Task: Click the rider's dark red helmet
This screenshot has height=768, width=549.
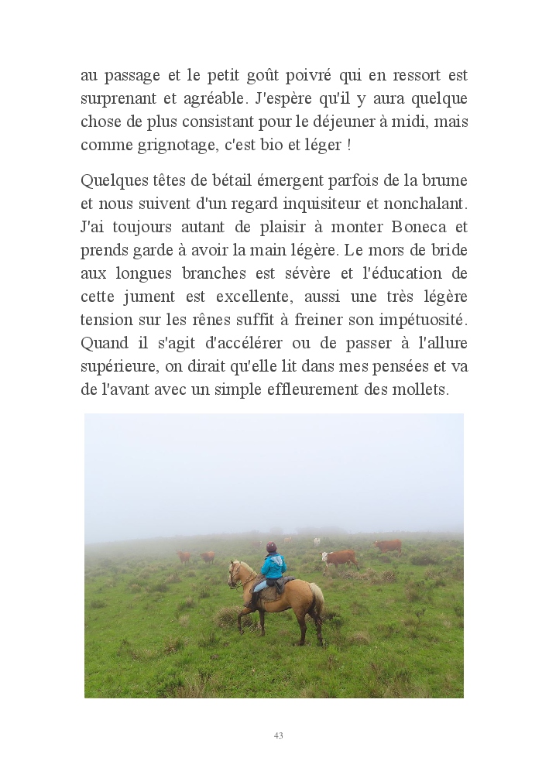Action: (x=271, y=547)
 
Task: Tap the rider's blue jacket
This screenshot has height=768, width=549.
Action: (x=273, y=566)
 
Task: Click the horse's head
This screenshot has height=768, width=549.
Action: (x=234, y=574)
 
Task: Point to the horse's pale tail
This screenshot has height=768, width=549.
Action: (x=317, y=598)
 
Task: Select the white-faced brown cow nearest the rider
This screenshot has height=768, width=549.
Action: (x=339, y=557)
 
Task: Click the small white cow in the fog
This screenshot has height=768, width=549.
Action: (x=317, y=542)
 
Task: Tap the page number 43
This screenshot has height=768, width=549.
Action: (x=278, y=735)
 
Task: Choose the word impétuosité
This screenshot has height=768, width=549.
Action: (x=424, y=320)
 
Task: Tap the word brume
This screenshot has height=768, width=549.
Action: (x=445, y=180)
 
